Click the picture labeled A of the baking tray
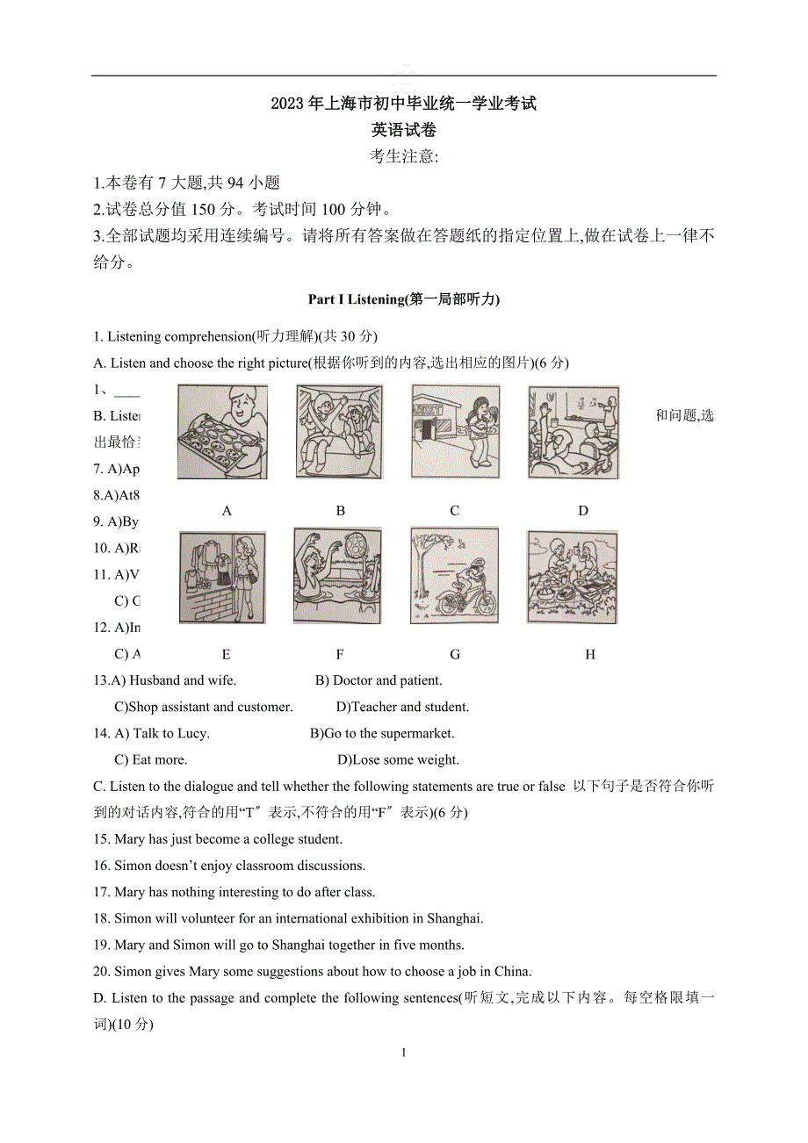(222, 431)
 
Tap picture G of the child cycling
(453, 575)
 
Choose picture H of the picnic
(572, 576)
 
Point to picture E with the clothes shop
(222, 577)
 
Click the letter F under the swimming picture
(340, 654)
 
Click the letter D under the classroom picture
(583, 510)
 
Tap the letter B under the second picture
(341, 510)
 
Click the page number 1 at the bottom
(404, 1053)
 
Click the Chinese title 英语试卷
(404, 130)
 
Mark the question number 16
(101, 866)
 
